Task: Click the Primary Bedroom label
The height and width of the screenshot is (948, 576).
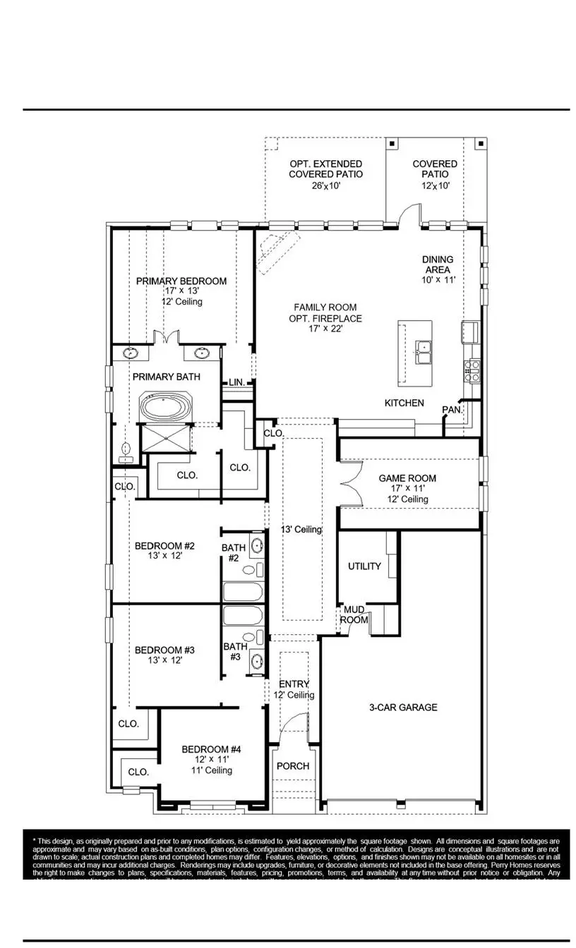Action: click(x=181, y=281)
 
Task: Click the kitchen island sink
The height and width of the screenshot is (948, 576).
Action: click(x=424, y=351)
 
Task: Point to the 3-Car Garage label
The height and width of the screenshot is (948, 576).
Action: click(x=403, y=707)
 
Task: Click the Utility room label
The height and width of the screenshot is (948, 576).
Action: click(x=364, y=566)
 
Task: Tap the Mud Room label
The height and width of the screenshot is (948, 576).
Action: click(x=354, y=614)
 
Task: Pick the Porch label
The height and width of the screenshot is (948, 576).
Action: click(x=292, y=766)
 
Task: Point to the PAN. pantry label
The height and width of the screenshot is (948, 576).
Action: click(x=452, y=409)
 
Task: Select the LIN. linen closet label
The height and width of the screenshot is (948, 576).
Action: click(x=236, y=382)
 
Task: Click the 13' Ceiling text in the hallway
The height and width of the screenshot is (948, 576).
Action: click(x=301, y=530)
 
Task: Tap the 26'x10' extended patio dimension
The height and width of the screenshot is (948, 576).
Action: click(x=325, y=186)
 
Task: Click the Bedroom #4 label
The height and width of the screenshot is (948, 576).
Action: click(x=211, y=749)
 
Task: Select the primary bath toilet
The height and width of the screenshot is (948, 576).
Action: click(x=128, y=451)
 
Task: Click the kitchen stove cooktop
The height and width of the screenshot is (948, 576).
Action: click(x=472, y=370)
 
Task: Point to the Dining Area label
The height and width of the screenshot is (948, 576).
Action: click(x=438, y=265)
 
